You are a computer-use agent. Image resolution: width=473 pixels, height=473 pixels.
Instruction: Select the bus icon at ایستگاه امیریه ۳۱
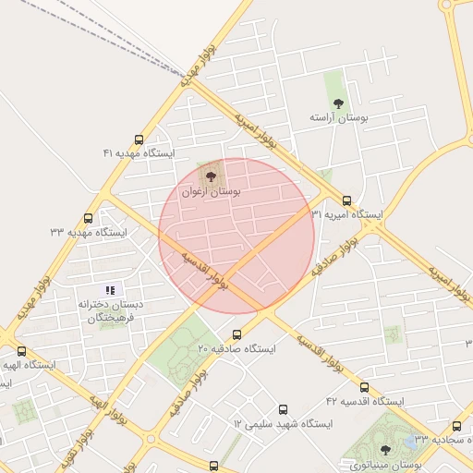point(347,200)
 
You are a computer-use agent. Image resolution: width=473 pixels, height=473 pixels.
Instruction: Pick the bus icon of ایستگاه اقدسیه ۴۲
point(364,388)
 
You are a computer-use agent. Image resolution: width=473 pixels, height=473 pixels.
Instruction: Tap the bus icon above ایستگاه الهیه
point(21,351)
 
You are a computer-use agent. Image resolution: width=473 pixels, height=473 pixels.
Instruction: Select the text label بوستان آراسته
point(338,119)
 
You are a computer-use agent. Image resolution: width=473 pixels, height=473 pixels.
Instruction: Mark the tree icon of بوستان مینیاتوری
point(385,450)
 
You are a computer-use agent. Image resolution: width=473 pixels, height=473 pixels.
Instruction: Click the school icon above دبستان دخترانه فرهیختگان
point(112,290)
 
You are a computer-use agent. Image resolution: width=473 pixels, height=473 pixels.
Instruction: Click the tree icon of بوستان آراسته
point(337,103)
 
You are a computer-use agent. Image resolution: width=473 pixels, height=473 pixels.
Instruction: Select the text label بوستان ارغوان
point(212,192)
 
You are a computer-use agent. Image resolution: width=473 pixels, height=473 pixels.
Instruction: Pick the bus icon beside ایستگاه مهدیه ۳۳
point(88,219)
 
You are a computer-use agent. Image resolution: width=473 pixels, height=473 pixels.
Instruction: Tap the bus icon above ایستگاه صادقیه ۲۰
point(237,335)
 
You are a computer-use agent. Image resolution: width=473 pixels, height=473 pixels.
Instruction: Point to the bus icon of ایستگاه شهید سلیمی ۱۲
point(283,409)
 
